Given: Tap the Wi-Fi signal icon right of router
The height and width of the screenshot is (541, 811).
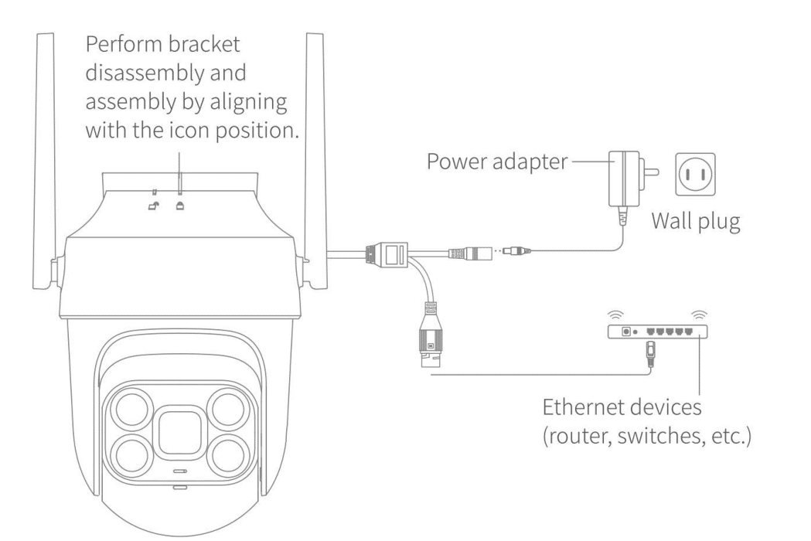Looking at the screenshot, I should click(x=698, y=313).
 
